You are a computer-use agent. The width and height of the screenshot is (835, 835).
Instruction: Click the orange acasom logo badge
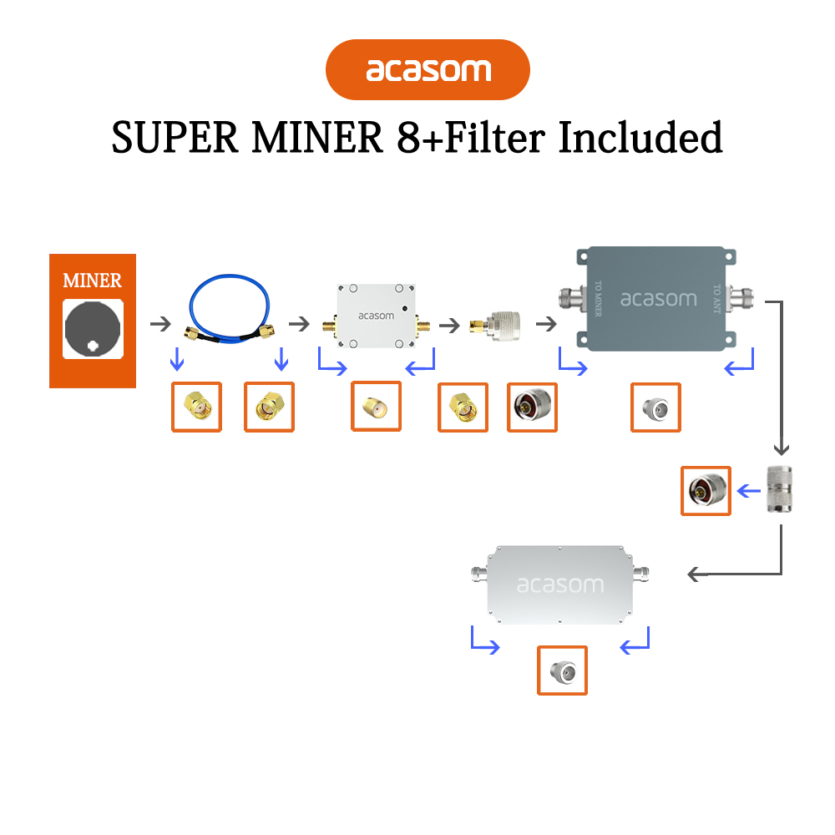428,70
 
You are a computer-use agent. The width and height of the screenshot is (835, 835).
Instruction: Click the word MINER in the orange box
92,281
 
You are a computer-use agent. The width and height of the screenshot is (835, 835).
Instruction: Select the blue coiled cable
230,310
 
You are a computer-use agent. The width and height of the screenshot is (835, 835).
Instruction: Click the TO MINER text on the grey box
598,298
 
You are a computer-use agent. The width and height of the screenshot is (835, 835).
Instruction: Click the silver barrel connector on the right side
781,490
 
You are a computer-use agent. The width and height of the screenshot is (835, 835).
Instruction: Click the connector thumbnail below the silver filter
562,670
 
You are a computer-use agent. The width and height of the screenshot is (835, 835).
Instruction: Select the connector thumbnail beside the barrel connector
706,490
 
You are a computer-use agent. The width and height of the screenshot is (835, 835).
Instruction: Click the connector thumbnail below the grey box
655,407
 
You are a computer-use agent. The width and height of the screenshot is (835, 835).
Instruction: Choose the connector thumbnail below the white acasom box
376,407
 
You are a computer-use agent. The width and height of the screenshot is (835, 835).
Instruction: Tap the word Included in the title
640,138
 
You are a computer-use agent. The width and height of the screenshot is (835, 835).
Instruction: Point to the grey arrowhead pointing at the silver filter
692,574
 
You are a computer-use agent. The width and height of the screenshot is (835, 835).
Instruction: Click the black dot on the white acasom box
405,307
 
